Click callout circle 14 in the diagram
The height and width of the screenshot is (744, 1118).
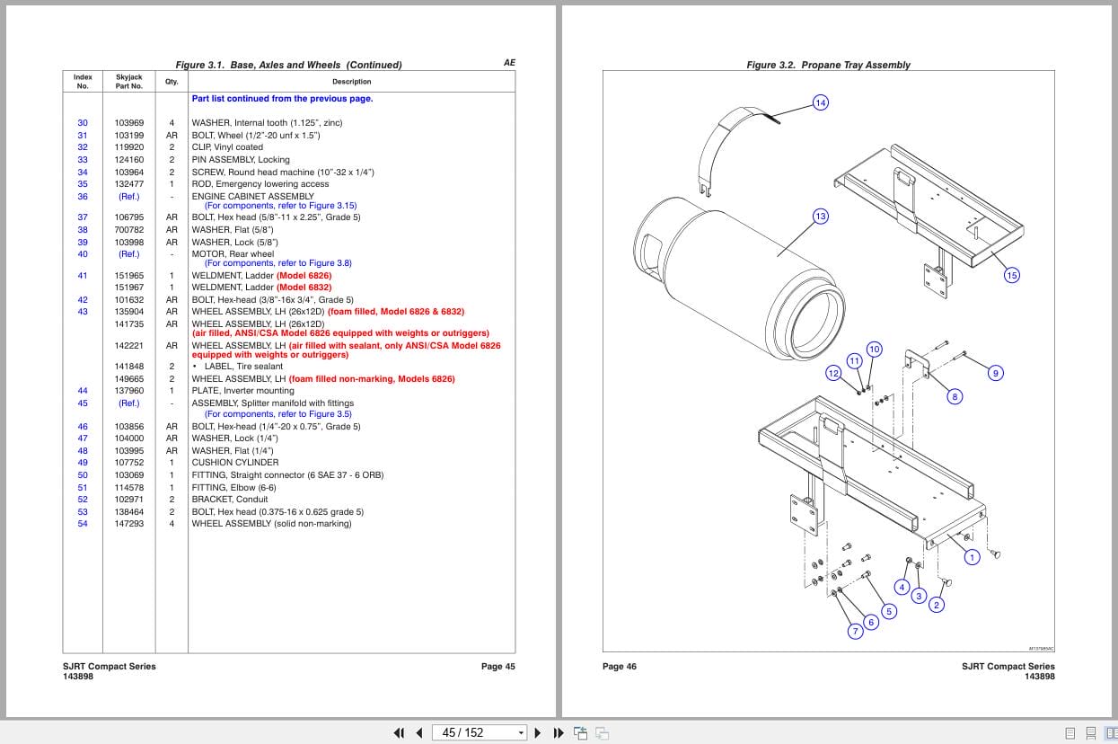point(821,102)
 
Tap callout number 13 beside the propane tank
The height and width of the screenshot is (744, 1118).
point(821,217)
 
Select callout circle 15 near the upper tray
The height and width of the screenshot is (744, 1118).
point(1012,275)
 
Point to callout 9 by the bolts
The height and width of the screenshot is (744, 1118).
point(996,373)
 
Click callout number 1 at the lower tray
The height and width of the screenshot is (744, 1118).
point(972,557)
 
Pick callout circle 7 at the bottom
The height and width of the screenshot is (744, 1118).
point(856,631)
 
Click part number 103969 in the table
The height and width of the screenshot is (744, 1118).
point(128,123)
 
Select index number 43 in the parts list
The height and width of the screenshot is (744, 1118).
point(83,312)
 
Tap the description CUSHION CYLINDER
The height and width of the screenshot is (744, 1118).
point(235,463)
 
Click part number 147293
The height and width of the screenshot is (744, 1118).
point(128,524)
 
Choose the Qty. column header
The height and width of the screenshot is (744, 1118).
point(172,82)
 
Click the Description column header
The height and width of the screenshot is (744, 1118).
point(351,82)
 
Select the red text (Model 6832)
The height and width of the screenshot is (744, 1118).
point(304,288)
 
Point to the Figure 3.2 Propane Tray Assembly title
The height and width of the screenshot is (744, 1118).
point(828,65)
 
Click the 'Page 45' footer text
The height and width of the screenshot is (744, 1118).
point(497,666)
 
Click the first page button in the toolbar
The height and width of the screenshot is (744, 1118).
point(399,732)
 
